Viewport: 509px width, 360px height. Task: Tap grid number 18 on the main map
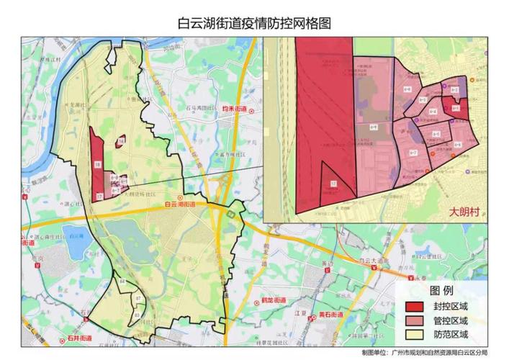(96, 166)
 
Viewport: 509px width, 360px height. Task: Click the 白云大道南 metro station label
(380, 264)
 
